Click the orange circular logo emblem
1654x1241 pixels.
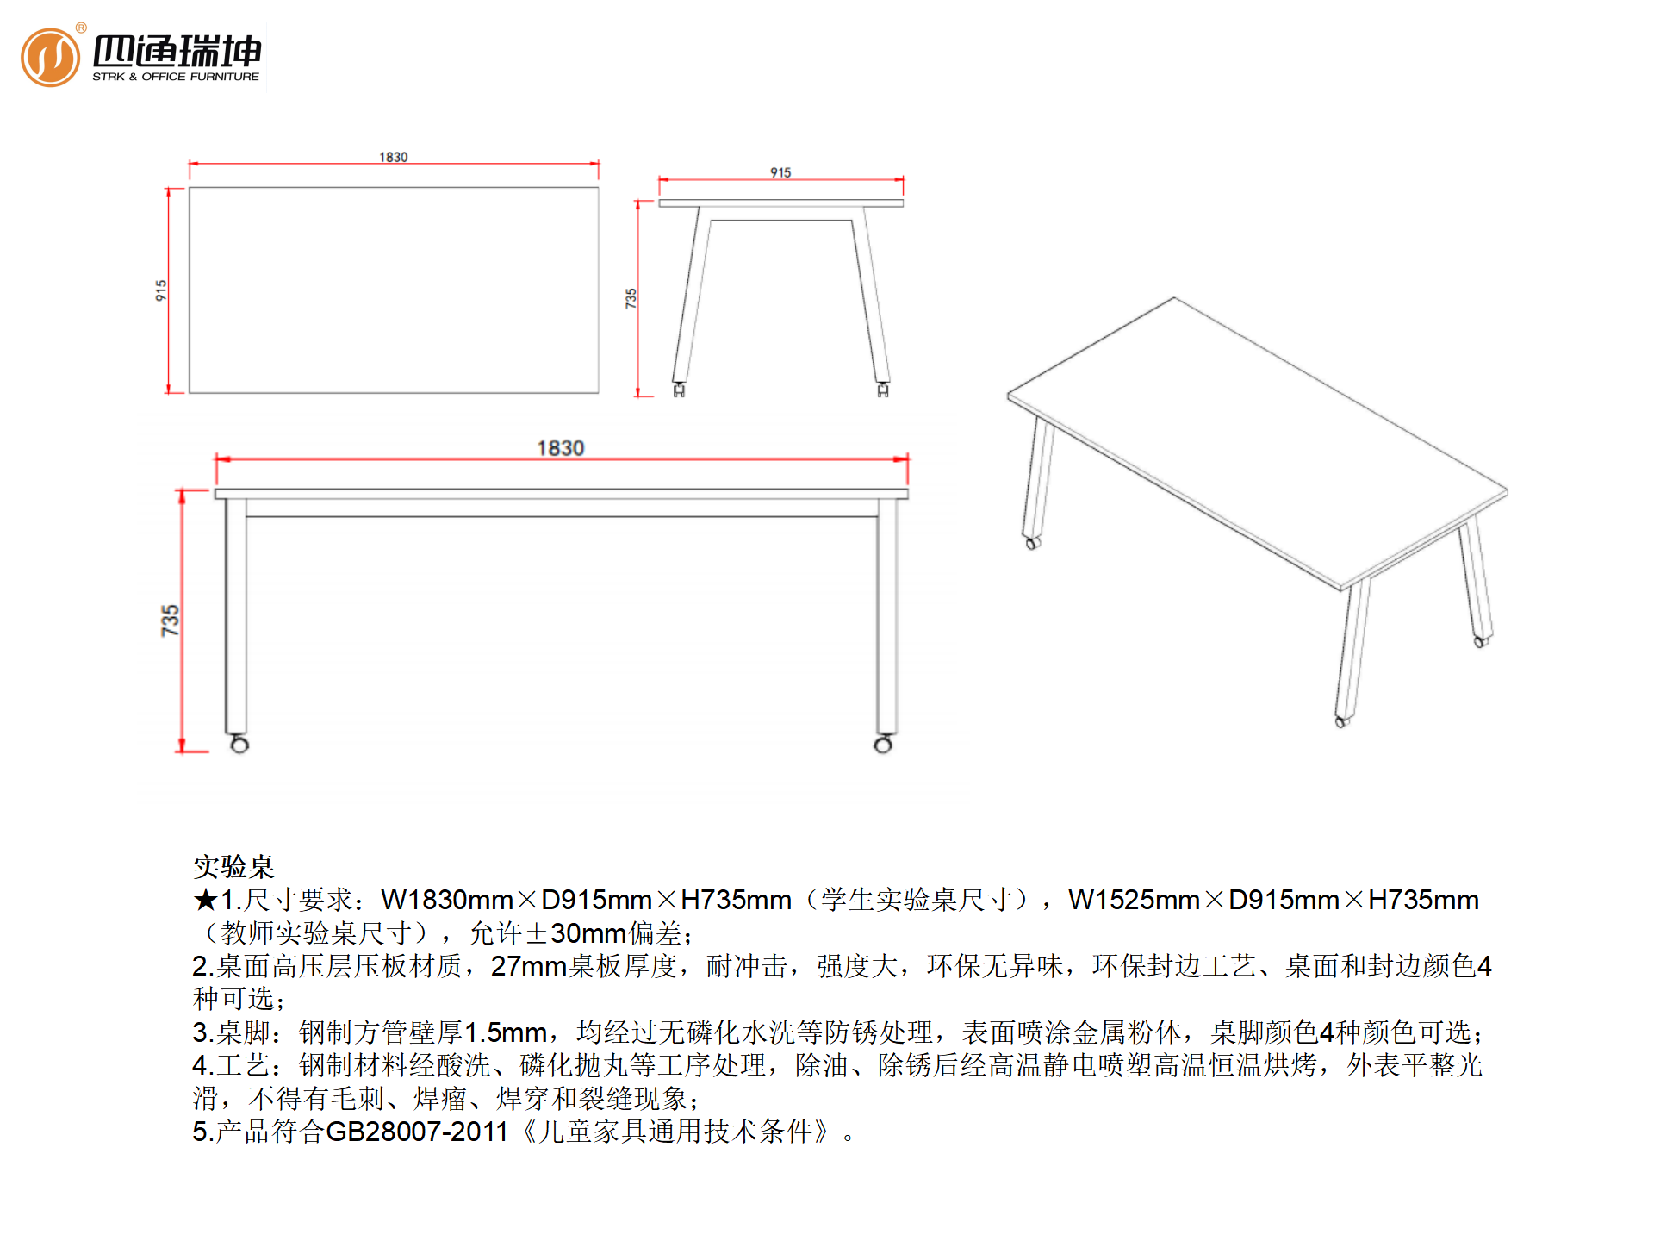[50, 57]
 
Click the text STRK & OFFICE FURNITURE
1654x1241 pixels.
[176, 77]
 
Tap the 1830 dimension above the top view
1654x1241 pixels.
[394, 157]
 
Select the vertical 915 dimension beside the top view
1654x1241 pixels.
[161, 290]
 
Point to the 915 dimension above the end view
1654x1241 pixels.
[780, 172]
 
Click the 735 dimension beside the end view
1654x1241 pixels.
[631, 298]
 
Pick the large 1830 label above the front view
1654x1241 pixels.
[561, 448]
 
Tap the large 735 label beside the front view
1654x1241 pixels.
[170, 620]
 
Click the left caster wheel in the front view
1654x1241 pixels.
[239, 744]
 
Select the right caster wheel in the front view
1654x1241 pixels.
[883, 744]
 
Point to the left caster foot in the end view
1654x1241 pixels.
[679, 390]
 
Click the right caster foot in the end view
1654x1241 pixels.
[883, 390]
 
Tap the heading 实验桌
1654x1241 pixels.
[233, 866]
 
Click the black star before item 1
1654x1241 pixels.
[206, 901]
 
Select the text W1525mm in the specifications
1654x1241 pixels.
[1134, 901]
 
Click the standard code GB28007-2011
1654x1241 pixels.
[417, 1132]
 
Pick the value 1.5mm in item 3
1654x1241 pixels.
[506, 1032]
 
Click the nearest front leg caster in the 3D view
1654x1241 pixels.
[1341, 721]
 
